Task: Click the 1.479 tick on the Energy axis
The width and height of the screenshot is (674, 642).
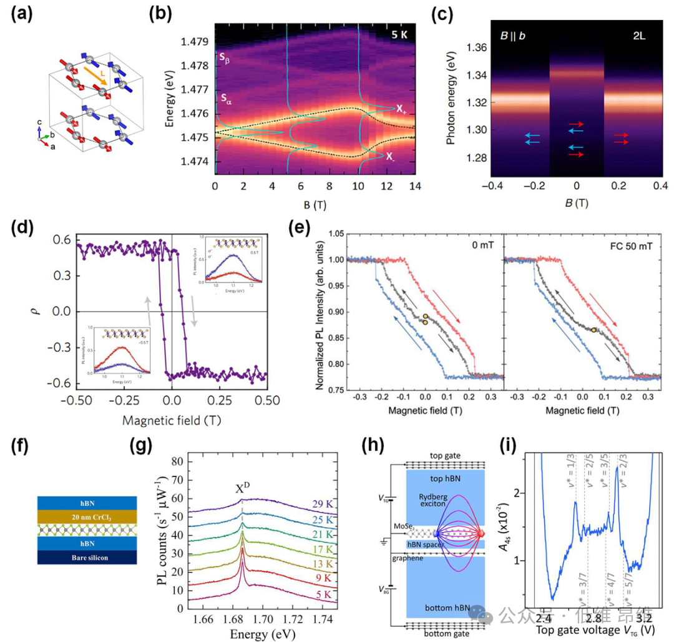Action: [195, 42]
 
